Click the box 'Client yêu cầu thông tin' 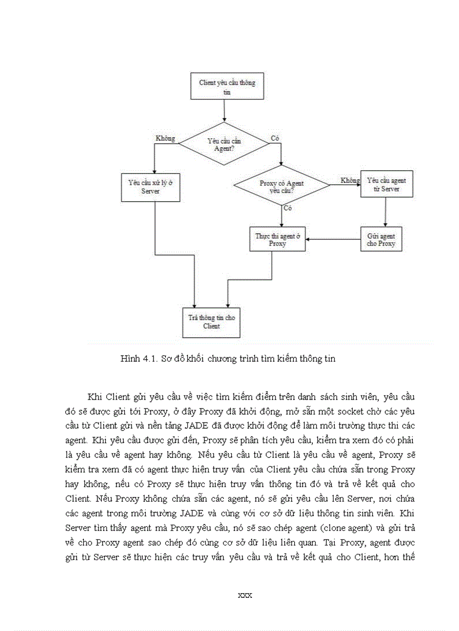coord(227,87)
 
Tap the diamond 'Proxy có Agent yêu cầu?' coord(281,186)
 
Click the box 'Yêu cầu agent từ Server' coord(386,184)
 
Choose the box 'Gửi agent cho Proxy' coord(381,239)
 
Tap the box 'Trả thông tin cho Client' coord(211,321)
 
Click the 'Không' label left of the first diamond coord(165,138)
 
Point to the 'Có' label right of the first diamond coord(275,138)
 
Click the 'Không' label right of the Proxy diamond coord(350,180)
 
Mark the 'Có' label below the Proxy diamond coord(288,208)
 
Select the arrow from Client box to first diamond coord(224,111)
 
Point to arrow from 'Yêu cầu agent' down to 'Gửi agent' coord(385,212)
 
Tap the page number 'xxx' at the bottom coord(245,595)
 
